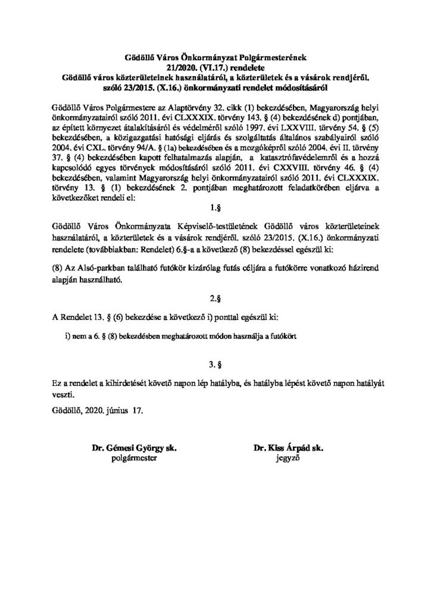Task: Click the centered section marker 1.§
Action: point(215,210)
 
